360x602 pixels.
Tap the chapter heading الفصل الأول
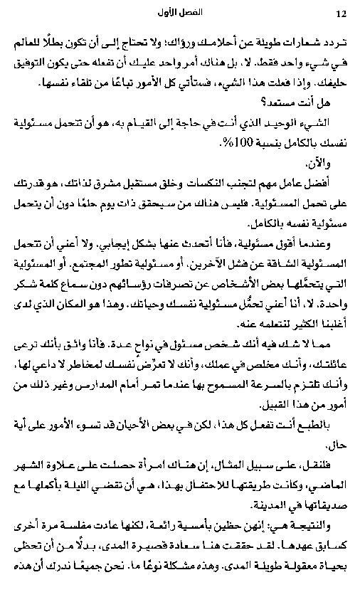[180, 13]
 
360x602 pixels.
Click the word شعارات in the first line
[297, 36]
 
